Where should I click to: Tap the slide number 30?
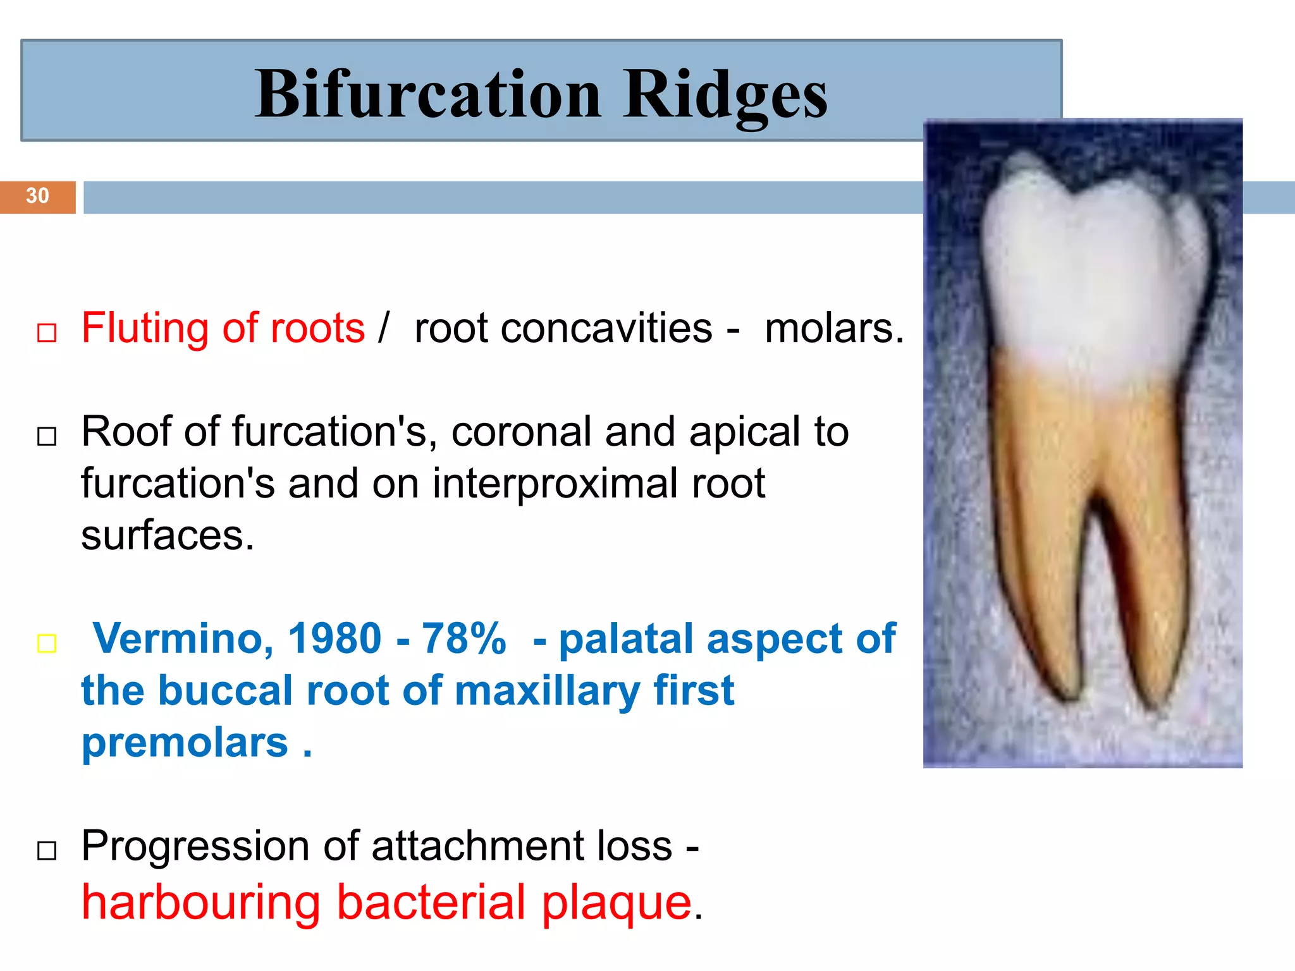[x=37, y=196]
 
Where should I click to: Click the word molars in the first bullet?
[x=833, y=329]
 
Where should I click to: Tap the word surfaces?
[x=167, y=536]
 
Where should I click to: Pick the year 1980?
[x=334, y=638]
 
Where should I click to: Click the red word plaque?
[x=617, y=903]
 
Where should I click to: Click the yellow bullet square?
[x=47, y=644]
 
